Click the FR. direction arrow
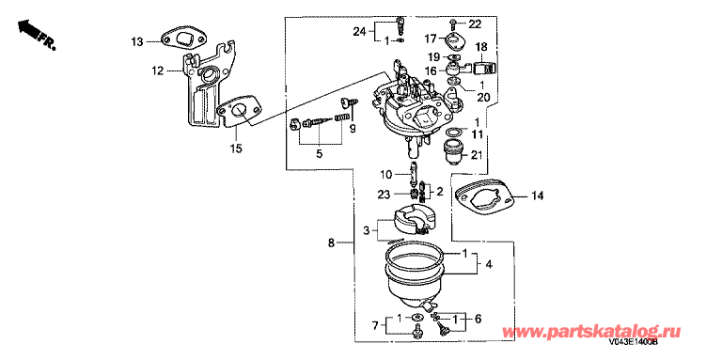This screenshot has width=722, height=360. (37, 34)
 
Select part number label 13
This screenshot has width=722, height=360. (136, 42)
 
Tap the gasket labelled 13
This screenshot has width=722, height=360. (182, 40)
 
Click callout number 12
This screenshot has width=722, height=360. (159, 70)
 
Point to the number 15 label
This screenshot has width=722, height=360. (236, 149)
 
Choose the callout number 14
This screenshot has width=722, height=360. (537, 196)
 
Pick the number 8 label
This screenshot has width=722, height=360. (331, 243)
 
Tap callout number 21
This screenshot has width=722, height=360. (477, 155)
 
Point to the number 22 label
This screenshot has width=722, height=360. (474, 23)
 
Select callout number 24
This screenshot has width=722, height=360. (360, 32)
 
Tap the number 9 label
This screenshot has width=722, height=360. (353, 130)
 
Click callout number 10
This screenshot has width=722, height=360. (385, 175)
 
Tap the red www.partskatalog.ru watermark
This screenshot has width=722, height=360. (591, 331)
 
